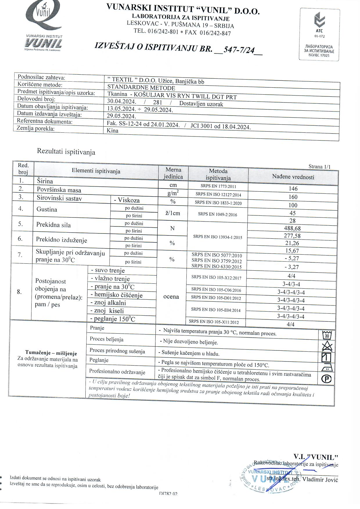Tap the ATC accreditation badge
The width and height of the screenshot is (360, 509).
point(319,35)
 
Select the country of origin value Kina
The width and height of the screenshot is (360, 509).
point(113,130)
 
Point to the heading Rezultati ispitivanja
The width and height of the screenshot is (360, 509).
point(66,152)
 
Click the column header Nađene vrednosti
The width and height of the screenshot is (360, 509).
point(293,177)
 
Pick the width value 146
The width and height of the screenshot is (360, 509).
point(293,189)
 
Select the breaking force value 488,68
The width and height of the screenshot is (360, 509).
point(292,228)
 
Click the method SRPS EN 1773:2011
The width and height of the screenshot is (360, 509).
point(218,186)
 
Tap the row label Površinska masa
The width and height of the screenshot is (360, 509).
point(59,190)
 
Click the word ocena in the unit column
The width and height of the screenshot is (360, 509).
point(171,297)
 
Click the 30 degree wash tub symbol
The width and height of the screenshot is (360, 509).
point(327,336)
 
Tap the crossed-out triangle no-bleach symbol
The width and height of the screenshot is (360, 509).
point(327,346)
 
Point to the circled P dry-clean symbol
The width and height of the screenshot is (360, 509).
point(327,379)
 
